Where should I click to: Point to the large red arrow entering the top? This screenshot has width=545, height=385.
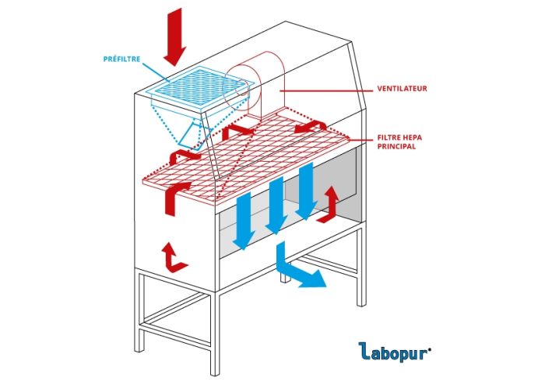click(x=175, y=36)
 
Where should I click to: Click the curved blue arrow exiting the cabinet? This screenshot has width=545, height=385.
click(x=296, y=269)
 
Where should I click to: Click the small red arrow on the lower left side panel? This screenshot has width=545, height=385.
click(x=172, y=257)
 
